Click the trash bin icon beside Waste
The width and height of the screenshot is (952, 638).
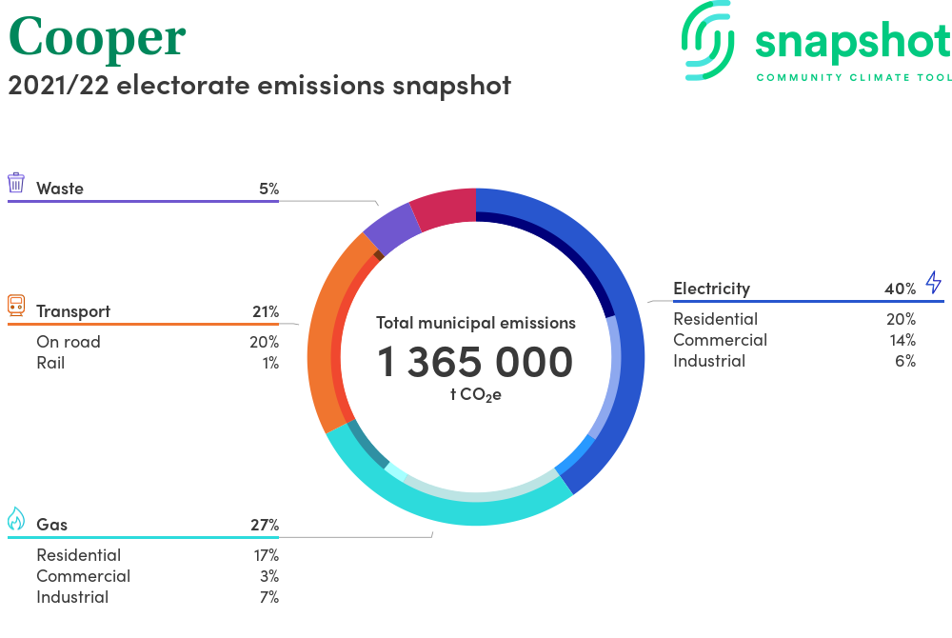(x=16, y=183)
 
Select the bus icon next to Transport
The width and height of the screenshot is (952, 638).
(x=16, y=306)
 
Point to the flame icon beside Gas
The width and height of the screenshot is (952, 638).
(x=16, y=519)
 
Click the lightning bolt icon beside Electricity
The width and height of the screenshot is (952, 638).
(x=933, y=283)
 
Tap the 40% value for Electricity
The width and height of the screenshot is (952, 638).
(x=900, y=289)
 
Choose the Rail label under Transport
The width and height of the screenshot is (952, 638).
(x=50, y=363)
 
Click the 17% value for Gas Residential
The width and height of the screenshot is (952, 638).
(x=268, y=555)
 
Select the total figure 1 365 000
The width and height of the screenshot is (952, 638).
(x=475, y=362)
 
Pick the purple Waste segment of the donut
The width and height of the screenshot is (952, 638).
(x=391, y=227)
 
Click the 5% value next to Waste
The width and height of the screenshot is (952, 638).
(x=268, y=189)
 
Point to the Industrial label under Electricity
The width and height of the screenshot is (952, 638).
(x=709, y=361)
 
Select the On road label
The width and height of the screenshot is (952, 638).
(x=69, y=342)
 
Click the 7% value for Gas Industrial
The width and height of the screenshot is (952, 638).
(x=268, y=597)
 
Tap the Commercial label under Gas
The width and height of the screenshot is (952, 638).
(x=84, y=576)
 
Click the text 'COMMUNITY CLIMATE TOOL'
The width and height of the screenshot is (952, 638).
(x=853, y=77)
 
